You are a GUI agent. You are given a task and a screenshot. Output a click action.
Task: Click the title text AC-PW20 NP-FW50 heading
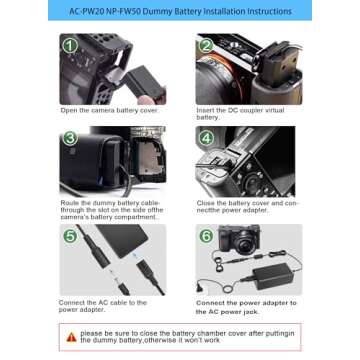click(180, 11)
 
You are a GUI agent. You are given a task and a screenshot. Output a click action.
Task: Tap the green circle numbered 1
click(70, 45)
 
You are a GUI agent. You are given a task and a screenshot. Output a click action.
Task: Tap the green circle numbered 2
click(205, 45)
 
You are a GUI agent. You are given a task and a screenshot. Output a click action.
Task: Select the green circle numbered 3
click(70, 137)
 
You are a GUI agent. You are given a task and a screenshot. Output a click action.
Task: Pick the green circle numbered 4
click(206, 137)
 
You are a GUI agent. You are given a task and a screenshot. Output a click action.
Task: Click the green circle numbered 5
click(70, 236)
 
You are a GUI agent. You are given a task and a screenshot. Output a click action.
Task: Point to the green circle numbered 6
click(206, 236)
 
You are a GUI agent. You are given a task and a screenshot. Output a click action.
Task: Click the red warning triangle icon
click(71, 337)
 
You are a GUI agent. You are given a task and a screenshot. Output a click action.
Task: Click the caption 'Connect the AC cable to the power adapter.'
click(102, 305)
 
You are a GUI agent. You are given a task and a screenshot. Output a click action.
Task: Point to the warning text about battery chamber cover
click(186, 337)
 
